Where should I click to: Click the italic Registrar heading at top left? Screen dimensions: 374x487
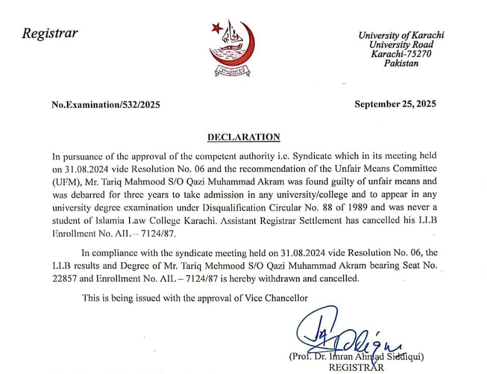point(50,34)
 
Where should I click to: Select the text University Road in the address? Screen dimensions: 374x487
point(401,45)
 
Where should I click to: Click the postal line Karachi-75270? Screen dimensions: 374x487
point(401,54)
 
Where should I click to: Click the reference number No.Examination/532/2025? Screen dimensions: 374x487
point(106,105)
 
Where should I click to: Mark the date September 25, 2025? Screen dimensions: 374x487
point(395,104)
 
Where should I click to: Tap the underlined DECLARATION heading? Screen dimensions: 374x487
point(243,137)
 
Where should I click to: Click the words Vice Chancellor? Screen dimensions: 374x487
point(282,298)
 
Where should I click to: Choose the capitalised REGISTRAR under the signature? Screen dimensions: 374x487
point(356,367)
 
